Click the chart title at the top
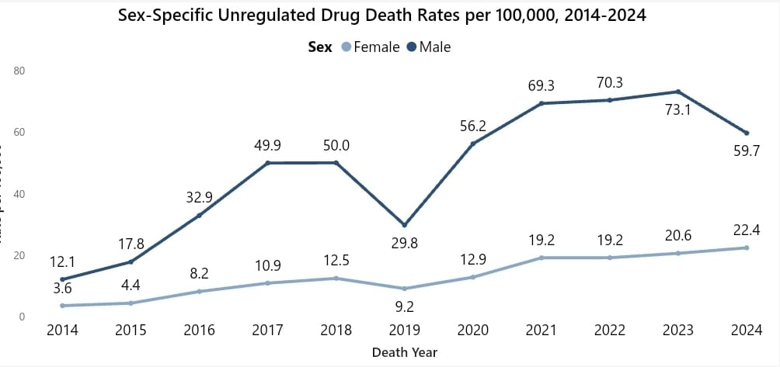pos(382,15)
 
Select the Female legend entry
pos(376,47)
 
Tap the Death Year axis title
pos(404,352)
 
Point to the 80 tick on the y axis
pos(20,71)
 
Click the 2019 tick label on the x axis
pos(404,331)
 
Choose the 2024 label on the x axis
pos(747,331)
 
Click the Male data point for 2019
pos(404,225)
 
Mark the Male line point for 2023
pos(678,92)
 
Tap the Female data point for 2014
pos(62,306)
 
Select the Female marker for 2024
pos(747,248)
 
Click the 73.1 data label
pos(678,110)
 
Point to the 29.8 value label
pos(404,244)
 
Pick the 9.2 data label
pos(404,306)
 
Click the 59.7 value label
pos(747,151)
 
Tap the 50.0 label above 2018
pos(336,145)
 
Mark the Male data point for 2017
pos(267,163)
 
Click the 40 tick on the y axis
pos(20,194)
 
